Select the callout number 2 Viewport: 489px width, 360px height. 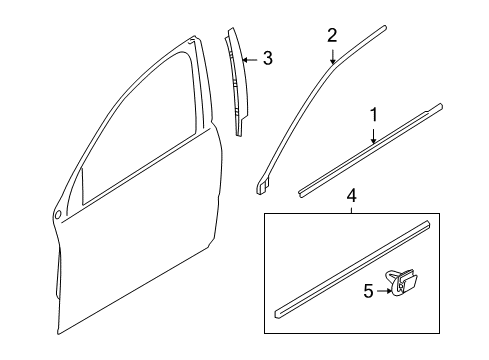coord(332,35)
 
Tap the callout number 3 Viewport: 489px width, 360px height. coord(266,58)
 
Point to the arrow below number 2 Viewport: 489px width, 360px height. coord(332,58)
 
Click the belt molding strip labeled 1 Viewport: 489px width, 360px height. coord(370,149)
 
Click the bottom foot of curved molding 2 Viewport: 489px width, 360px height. coord(264,184)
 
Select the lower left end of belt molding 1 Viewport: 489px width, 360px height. coord(303,187)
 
